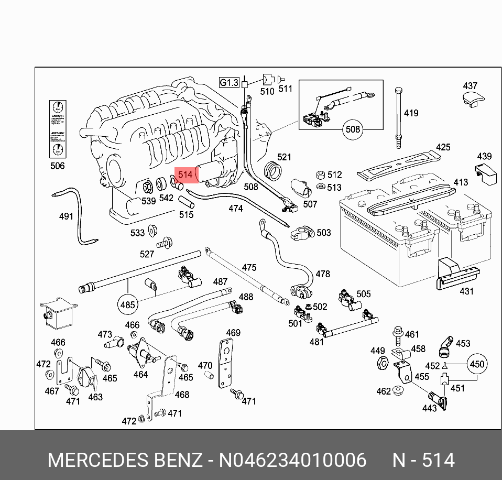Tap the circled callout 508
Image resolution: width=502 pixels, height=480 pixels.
[354, 129]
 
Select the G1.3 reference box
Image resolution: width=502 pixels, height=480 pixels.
[229, 82]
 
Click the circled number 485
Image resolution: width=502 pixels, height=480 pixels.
[128, 304]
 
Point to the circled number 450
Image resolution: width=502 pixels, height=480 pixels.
[477, 364]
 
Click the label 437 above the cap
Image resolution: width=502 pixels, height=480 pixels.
[470, 86]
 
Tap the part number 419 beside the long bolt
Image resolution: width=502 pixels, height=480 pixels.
[411, 113]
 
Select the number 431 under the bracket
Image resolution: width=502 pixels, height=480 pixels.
[466, 291]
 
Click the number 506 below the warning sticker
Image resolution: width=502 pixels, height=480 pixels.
[57, 166]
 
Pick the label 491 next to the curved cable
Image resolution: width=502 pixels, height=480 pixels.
[66, 216]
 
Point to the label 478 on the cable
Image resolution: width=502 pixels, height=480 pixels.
[323, 274]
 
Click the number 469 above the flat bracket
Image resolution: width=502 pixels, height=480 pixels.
[233, 333]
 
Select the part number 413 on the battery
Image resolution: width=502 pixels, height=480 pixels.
[461, 182]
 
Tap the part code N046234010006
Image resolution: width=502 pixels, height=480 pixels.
[292, 460]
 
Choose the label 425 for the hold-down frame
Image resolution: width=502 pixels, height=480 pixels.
[443, 147]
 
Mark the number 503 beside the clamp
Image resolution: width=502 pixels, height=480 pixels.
[324, 232]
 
